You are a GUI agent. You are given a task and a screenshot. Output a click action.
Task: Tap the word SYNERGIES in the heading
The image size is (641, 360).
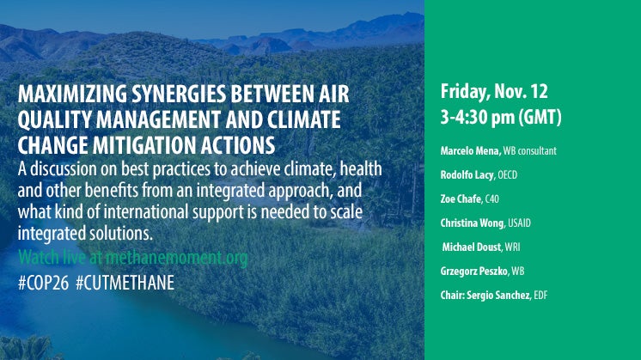click(179, 94)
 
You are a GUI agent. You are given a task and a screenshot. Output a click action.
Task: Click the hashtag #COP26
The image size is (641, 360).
click(43, 283)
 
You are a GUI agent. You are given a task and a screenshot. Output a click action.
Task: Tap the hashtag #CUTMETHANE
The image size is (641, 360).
click(125, 283)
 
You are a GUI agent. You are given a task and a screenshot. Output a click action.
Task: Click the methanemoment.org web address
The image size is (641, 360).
click(177, 258)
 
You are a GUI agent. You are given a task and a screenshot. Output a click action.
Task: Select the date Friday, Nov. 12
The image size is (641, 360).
click(494, 92)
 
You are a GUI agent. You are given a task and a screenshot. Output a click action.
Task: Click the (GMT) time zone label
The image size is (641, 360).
click(540, 118)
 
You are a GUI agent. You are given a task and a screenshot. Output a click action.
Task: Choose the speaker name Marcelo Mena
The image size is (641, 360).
click(470, 151)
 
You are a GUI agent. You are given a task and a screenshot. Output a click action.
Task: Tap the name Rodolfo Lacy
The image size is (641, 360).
click(467, 175)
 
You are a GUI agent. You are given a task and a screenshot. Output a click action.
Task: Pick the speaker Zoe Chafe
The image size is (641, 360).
click(461, 199)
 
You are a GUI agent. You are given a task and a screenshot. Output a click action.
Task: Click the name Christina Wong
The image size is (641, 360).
click(473, 223)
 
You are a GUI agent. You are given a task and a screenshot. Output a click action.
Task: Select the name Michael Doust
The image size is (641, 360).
click(472, 247)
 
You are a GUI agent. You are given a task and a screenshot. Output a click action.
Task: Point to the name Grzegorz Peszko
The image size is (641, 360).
click(473, 272)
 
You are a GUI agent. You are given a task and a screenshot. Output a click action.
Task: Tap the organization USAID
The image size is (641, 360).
click(519, 223)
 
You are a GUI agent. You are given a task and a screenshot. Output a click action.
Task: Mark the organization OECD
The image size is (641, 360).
click(507, 175)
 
